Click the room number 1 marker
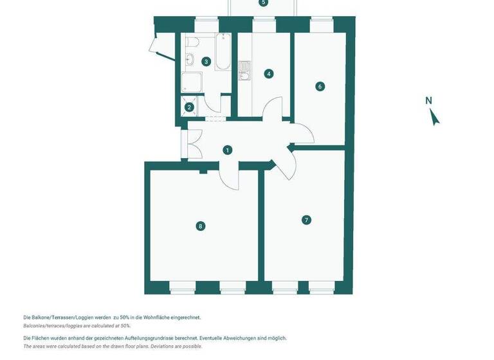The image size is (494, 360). tap(227, 150)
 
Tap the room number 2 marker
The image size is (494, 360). tap(189, 107)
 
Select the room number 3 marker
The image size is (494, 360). tap(206, 62)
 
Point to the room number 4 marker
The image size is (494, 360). tap(269, 73)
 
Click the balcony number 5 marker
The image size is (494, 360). tap(262, 3)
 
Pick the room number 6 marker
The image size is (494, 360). tap(320, 86)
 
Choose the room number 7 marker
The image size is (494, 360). tap(306, 220)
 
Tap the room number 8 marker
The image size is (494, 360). tap(201, 226)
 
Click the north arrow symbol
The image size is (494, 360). tap(435, 117)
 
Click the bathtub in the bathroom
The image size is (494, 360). tap(222, 52)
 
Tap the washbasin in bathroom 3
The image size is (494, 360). tap(190, 60)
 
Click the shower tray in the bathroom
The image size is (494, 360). tap(191, 82)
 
